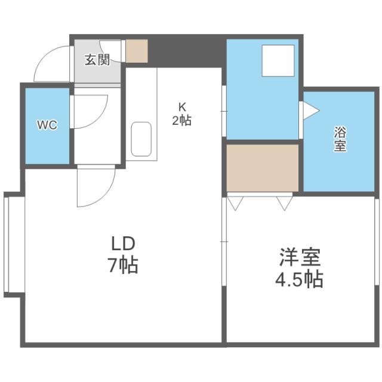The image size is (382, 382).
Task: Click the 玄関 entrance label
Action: coord(97,60)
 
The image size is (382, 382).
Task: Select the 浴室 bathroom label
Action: coord(340,140)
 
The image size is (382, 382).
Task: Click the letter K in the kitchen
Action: coord(181,107)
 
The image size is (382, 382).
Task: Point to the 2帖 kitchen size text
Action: coord(181,120)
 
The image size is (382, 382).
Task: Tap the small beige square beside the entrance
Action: coord(136,51)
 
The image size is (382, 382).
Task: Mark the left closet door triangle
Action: coord(235,203)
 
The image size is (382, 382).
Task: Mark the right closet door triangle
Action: coord(285,203)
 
